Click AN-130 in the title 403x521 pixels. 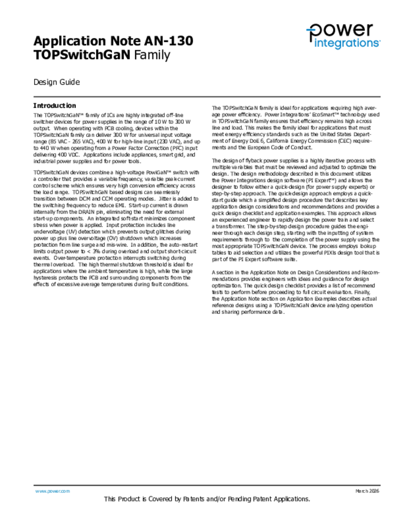[x=169, y=41]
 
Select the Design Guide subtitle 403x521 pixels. [x=56, y=82]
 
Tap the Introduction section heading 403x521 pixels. [x=55, y=106]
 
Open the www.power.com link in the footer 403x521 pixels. [x=52, y=491]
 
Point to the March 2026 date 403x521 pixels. [x=367, y=491]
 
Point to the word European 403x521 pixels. [x=261, y=148]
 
